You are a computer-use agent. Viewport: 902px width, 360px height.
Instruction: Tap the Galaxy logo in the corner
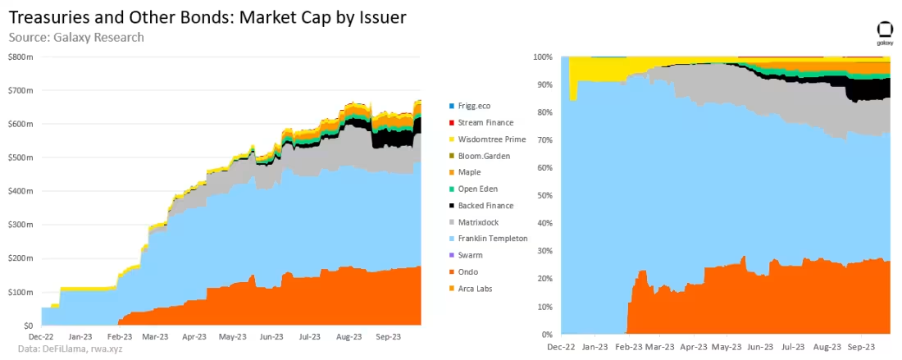point(885,34)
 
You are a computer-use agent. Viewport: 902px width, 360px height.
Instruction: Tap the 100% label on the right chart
point(542,57)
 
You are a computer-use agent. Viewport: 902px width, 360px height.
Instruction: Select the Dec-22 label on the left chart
point(42,336)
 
